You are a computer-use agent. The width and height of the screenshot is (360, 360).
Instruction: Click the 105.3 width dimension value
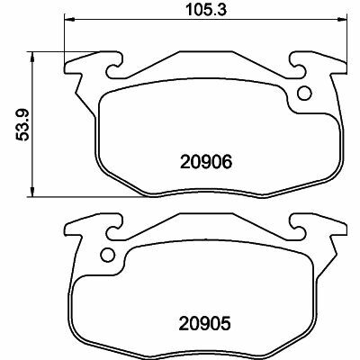(x=206, y=10)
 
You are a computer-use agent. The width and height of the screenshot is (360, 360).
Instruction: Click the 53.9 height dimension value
(x=22, y=124)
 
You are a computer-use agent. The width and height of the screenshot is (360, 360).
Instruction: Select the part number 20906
(x=206, y=162)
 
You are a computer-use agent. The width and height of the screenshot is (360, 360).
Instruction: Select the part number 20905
(x=206, y=323)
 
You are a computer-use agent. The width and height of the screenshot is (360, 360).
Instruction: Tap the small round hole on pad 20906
(x=304, y=93)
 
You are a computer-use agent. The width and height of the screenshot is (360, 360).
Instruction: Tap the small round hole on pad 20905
(x=108, y=255)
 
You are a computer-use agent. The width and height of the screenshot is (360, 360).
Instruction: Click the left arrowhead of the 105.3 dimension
(x=69, y=20)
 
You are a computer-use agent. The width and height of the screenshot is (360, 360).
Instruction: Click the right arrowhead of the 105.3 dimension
(x=342, y=20)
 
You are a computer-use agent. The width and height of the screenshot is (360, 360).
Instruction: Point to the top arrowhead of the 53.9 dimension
(x=31, y=56)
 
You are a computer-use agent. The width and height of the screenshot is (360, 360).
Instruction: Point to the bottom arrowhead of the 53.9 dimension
(x=31, y=193)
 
